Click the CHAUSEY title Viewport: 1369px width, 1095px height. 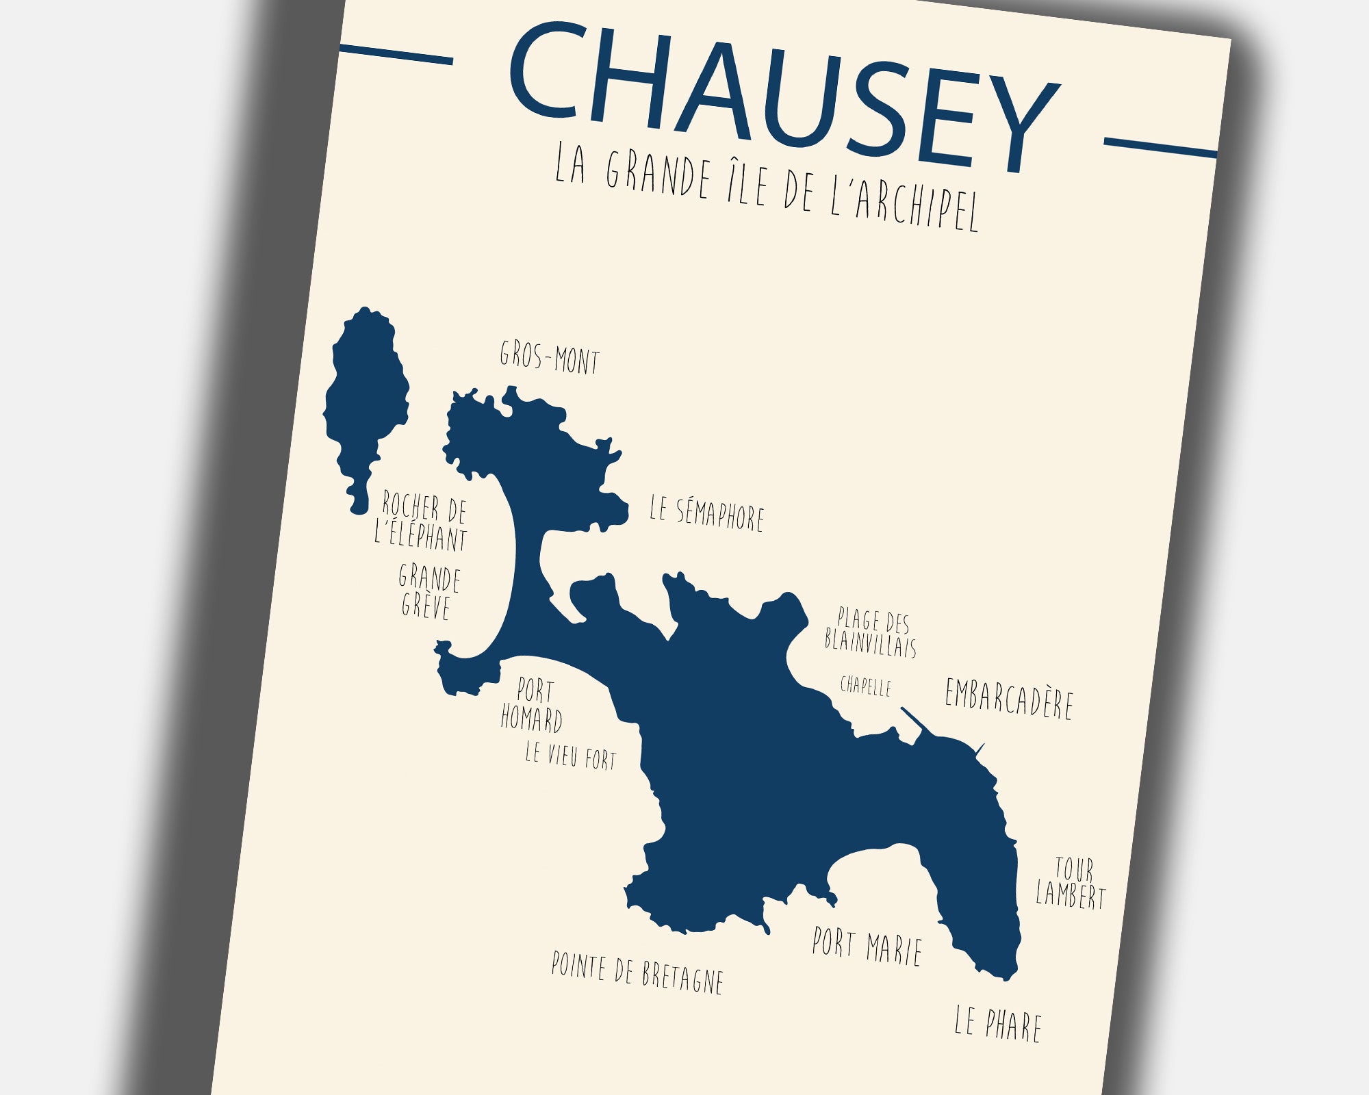pyautogui.click(x=784, y=96)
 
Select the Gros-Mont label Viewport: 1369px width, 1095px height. pyautogui.click(x=549, y=358)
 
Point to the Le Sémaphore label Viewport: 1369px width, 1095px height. pyautogui.click(x=706, y=514)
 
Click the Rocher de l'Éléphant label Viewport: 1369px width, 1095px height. pyautogui.click(x=422, y=521)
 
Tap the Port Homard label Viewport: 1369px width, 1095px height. pyautogui.click(x=532, y=705)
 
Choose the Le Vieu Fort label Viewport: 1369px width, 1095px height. pyautogui.click(x=570, y=756)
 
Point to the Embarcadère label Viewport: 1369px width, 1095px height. pyautogui.click(x=1008, y=699)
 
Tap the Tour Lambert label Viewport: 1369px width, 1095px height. pyautogui.click(x=1071, y=883)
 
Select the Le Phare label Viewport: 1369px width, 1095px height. pyautogui.click(x=998, y=1025)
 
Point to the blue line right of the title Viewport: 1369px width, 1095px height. pyautogui.click(x=1160, y=148)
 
